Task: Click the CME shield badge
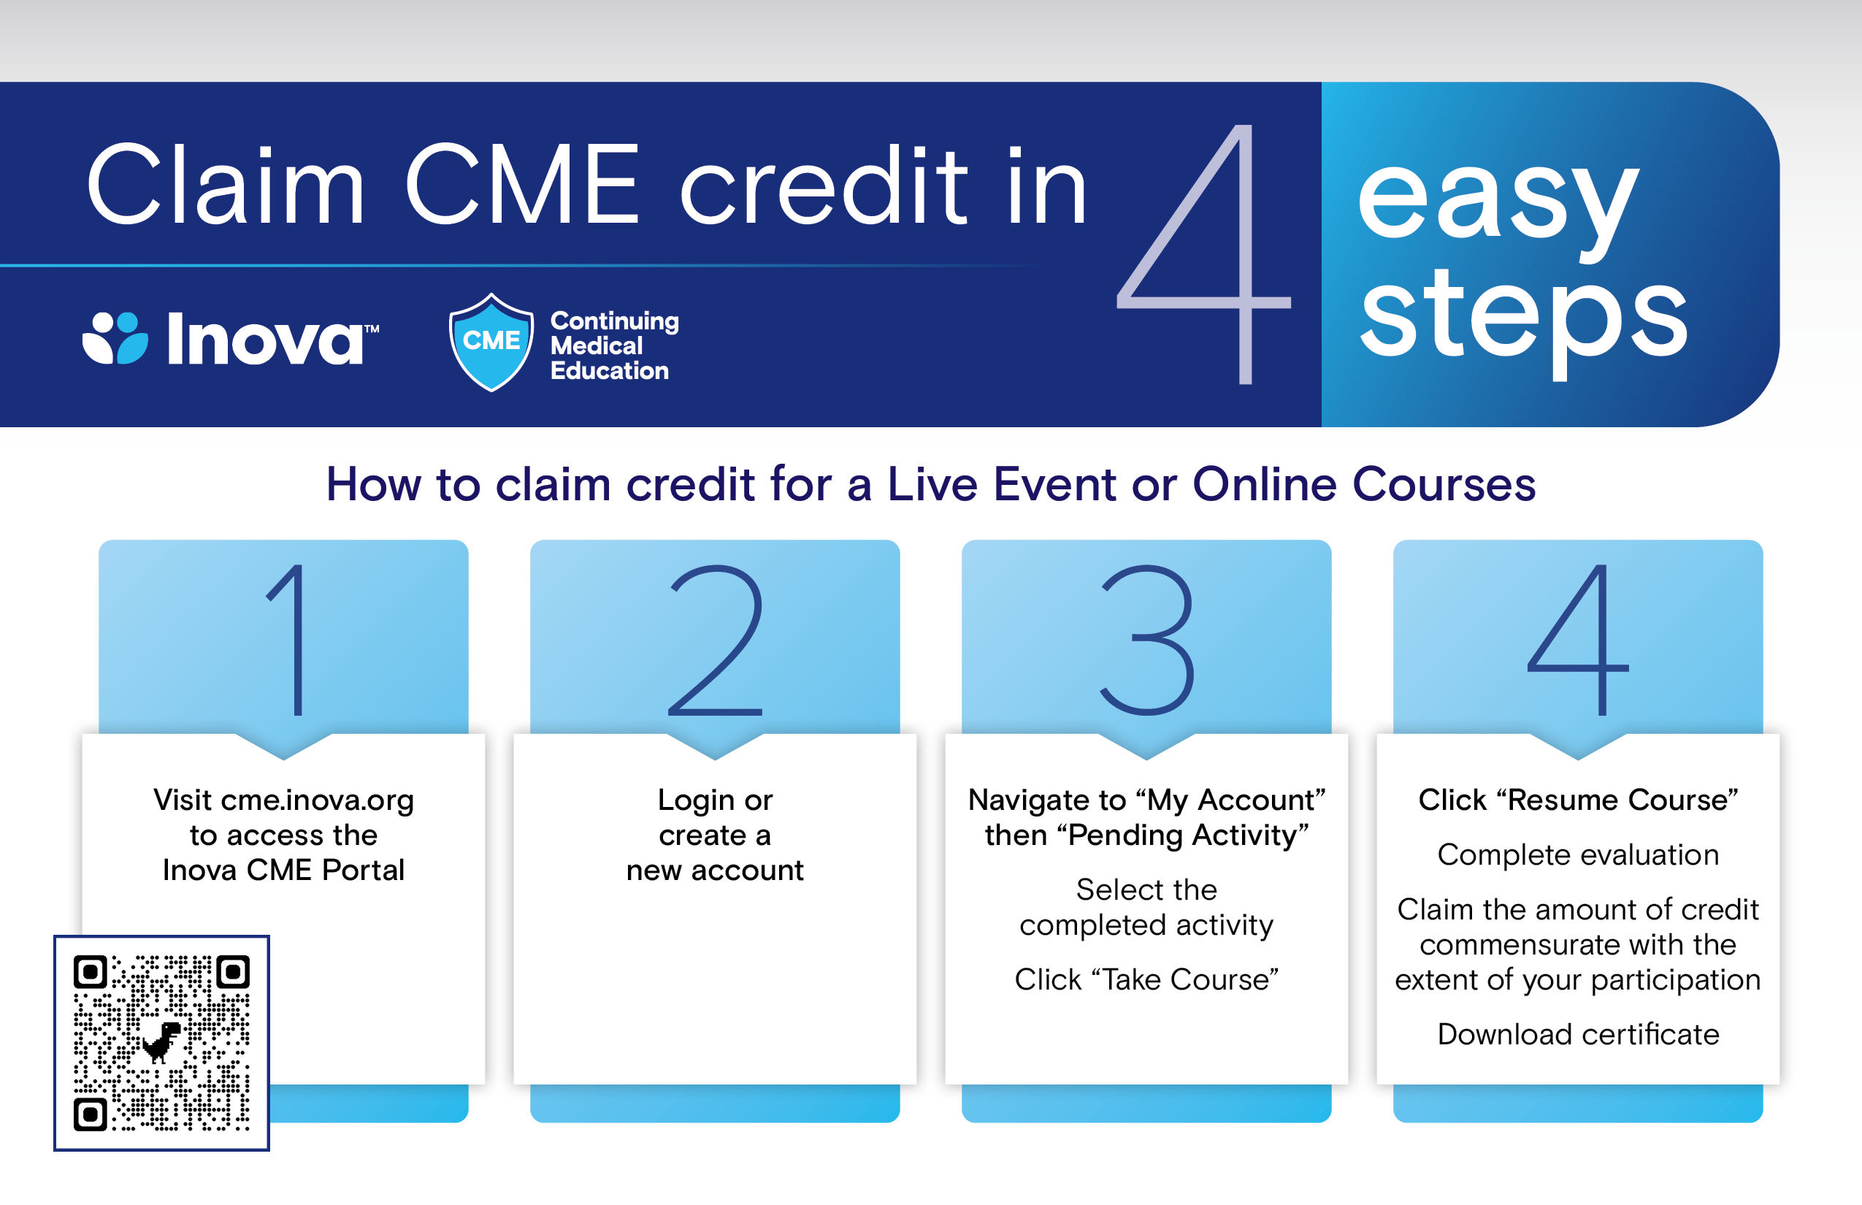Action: [x=491, y=342]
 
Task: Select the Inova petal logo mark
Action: [x=115, y=338]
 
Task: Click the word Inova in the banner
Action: [x=264, y=340]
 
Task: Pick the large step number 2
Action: [x=716, y=639]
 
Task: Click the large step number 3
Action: [x=1147, y=639]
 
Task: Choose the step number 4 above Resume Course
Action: [x=1578, y=639]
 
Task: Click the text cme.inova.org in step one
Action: [x=317, y=800]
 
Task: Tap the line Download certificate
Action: [x=1578, y=1034]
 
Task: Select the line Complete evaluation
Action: [x=1578, y=854]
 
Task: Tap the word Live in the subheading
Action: [x=932, y=484]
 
